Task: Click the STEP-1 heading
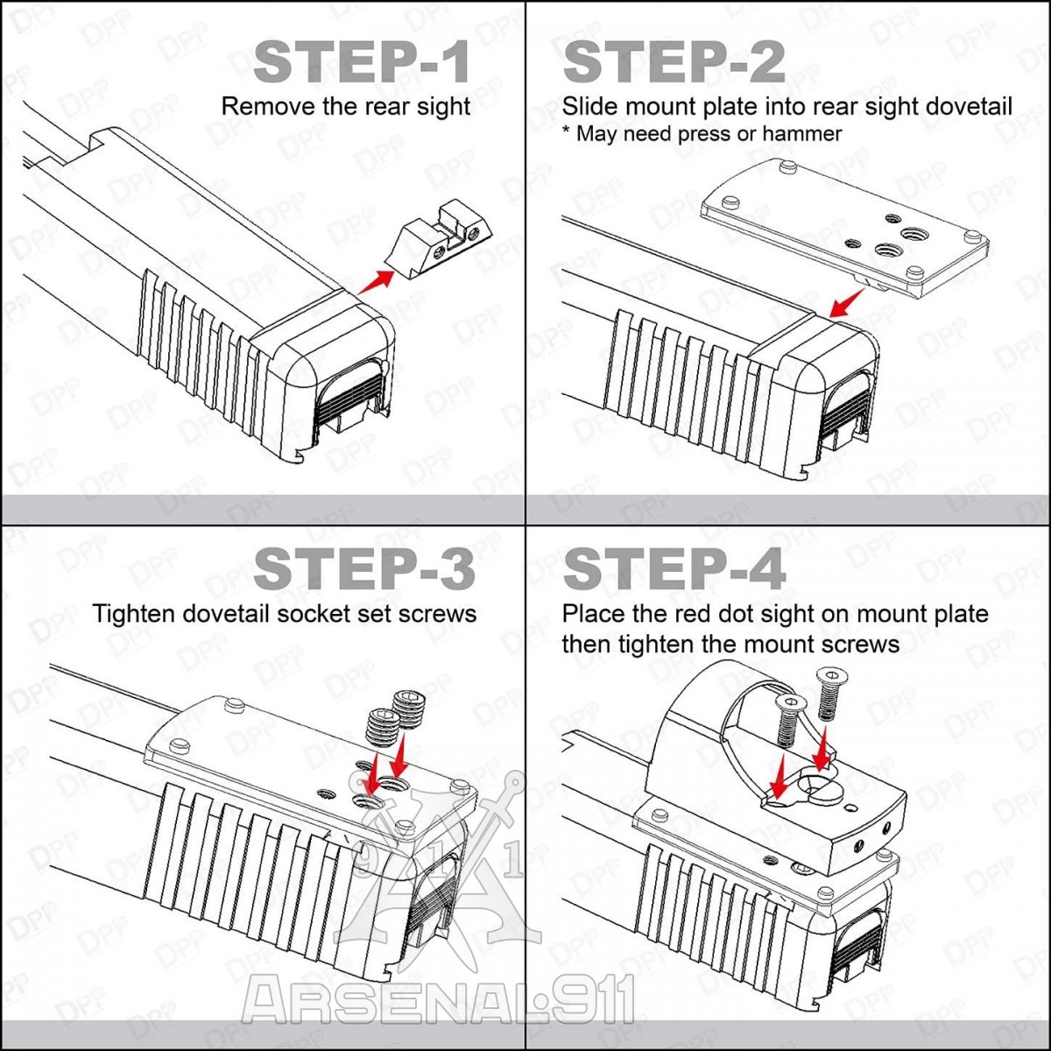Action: (361, 63)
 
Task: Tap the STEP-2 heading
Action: (674, 63)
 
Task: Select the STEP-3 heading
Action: (364, 569)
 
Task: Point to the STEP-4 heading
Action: (674, 569)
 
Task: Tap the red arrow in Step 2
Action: (846, 304)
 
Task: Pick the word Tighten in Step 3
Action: (134, 614)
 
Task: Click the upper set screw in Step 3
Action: (408, 709)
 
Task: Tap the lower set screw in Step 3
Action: (385, 728)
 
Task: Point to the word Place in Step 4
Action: (595, 614)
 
